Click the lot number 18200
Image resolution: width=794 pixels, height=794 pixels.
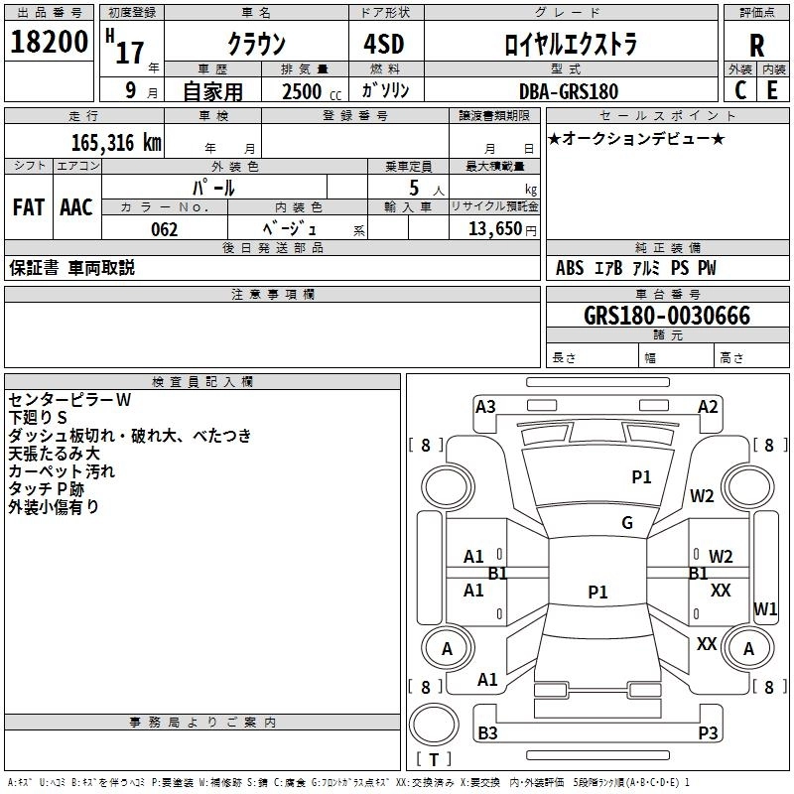[49, 42]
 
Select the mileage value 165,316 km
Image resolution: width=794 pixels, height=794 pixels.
[116, 143]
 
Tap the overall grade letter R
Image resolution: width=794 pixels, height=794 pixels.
[756, 46]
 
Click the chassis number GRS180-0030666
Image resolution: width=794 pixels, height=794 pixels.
[667, 316]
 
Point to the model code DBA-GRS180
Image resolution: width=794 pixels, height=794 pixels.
[569, 91]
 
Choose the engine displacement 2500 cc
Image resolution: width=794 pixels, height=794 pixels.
[312, 91]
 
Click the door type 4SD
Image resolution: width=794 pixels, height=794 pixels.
[384, 44]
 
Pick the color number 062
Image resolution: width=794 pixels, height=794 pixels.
[165, 229]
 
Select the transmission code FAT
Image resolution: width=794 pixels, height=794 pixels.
[29, 207]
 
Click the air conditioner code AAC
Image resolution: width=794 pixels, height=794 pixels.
[76, 207]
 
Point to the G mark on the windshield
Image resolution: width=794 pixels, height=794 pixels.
[627, 523]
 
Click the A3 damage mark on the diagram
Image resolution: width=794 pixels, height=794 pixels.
[485, 407]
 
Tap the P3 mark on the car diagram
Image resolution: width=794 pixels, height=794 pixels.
[708, 732]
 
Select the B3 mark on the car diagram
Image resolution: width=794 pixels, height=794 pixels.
[487, 732]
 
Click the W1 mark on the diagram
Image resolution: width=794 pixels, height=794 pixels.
[765, 608]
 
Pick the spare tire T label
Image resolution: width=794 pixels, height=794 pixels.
[434, 759]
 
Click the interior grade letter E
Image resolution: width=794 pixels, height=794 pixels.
[772, 90]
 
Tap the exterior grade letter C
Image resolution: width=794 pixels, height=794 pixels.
[740, 90]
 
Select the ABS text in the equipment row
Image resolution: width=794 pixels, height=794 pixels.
[570, 268]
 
